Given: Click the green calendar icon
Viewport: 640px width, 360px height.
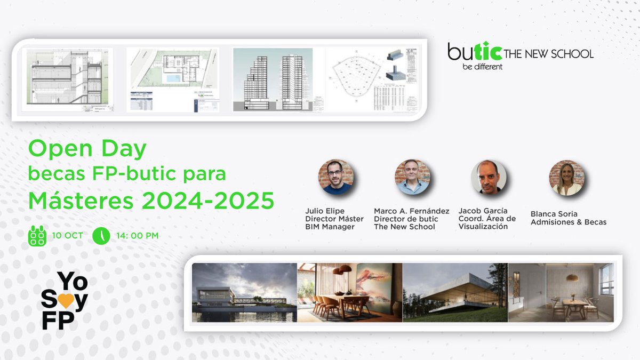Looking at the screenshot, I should tap(37, 235).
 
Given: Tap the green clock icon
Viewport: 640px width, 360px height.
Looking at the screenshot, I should tap(101, 235).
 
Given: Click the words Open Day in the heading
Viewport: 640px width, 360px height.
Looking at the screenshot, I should tap(87, 149).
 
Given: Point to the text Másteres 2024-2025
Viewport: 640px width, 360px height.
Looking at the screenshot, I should tap(151, 201).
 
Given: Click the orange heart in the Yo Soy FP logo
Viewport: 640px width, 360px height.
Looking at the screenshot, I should tap(65, 301).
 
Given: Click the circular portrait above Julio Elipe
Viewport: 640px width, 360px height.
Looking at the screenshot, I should tap(335, 177).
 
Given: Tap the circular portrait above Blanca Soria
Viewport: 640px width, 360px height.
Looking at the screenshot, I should tap(566, 177).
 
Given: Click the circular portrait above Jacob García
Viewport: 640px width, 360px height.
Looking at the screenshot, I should tap(488, 177).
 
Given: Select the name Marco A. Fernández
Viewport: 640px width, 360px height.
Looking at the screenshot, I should tap(411, 211).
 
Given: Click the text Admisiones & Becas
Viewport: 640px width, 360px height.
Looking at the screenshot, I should tap(568, 222).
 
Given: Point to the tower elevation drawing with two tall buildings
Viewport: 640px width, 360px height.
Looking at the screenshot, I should tap(273, 80).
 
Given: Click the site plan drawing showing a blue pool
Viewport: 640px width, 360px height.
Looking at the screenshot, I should tap(173, 80).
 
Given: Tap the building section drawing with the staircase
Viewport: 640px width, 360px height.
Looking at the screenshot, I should tap(67, 80).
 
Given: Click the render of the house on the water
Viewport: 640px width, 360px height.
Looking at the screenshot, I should tap(244, 292).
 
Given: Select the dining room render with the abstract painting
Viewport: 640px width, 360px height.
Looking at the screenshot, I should tap(349, 292).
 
